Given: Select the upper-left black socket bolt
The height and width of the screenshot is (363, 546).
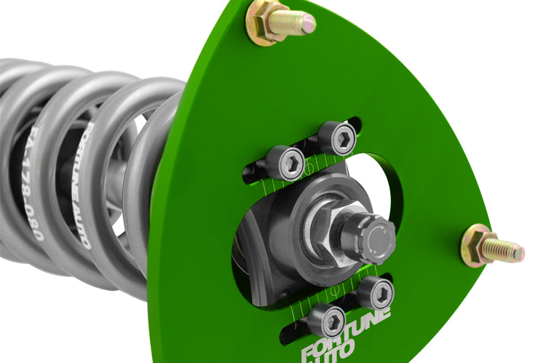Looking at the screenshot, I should point(285,162).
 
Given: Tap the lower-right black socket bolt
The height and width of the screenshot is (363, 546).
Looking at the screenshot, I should point(376,292).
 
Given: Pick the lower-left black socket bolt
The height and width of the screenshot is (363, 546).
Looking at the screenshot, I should point(325,320).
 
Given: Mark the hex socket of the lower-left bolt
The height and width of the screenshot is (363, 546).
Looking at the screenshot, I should point(331,320).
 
